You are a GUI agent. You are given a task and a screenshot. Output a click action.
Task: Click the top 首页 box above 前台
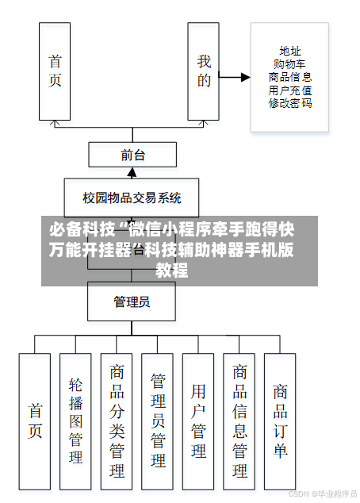[55, 71]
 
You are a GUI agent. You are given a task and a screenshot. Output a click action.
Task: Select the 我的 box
[203, 71]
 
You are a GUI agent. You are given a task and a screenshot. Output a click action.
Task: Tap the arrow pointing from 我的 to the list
[234, 78]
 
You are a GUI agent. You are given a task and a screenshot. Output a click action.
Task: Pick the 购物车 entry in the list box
[289, 64]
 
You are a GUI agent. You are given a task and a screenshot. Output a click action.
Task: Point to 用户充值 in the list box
[289, 90]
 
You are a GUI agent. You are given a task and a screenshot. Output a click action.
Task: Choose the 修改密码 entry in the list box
[289, 103]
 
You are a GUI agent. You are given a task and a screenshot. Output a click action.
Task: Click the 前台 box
[132, 155]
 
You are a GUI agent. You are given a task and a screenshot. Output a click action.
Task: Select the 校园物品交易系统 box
[132, 198]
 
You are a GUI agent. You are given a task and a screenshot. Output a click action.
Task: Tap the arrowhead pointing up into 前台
[132, 171]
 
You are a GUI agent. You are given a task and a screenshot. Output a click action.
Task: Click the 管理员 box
[132, 301]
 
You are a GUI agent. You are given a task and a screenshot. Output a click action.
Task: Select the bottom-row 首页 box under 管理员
[35, 420]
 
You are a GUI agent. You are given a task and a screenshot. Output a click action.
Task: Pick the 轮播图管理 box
[75, 420]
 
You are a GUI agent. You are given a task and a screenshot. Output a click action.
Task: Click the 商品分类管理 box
[117, 420]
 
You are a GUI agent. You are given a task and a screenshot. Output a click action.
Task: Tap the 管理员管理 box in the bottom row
[158, 420]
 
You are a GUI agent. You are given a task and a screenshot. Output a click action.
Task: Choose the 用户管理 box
[198, 420]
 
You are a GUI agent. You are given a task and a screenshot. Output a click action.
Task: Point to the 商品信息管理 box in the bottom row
[239, 420]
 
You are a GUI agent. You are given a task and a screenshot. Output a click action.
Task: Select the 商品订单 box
[280, 420]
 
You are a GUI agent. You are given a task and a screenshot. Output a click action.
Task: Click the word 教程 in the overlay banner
[172, 271]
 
